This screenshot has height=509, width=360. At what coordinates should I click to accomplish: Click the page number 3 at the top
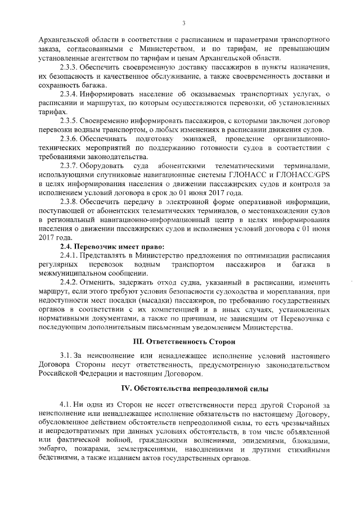pyautogui.click(x=184, y=22)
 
